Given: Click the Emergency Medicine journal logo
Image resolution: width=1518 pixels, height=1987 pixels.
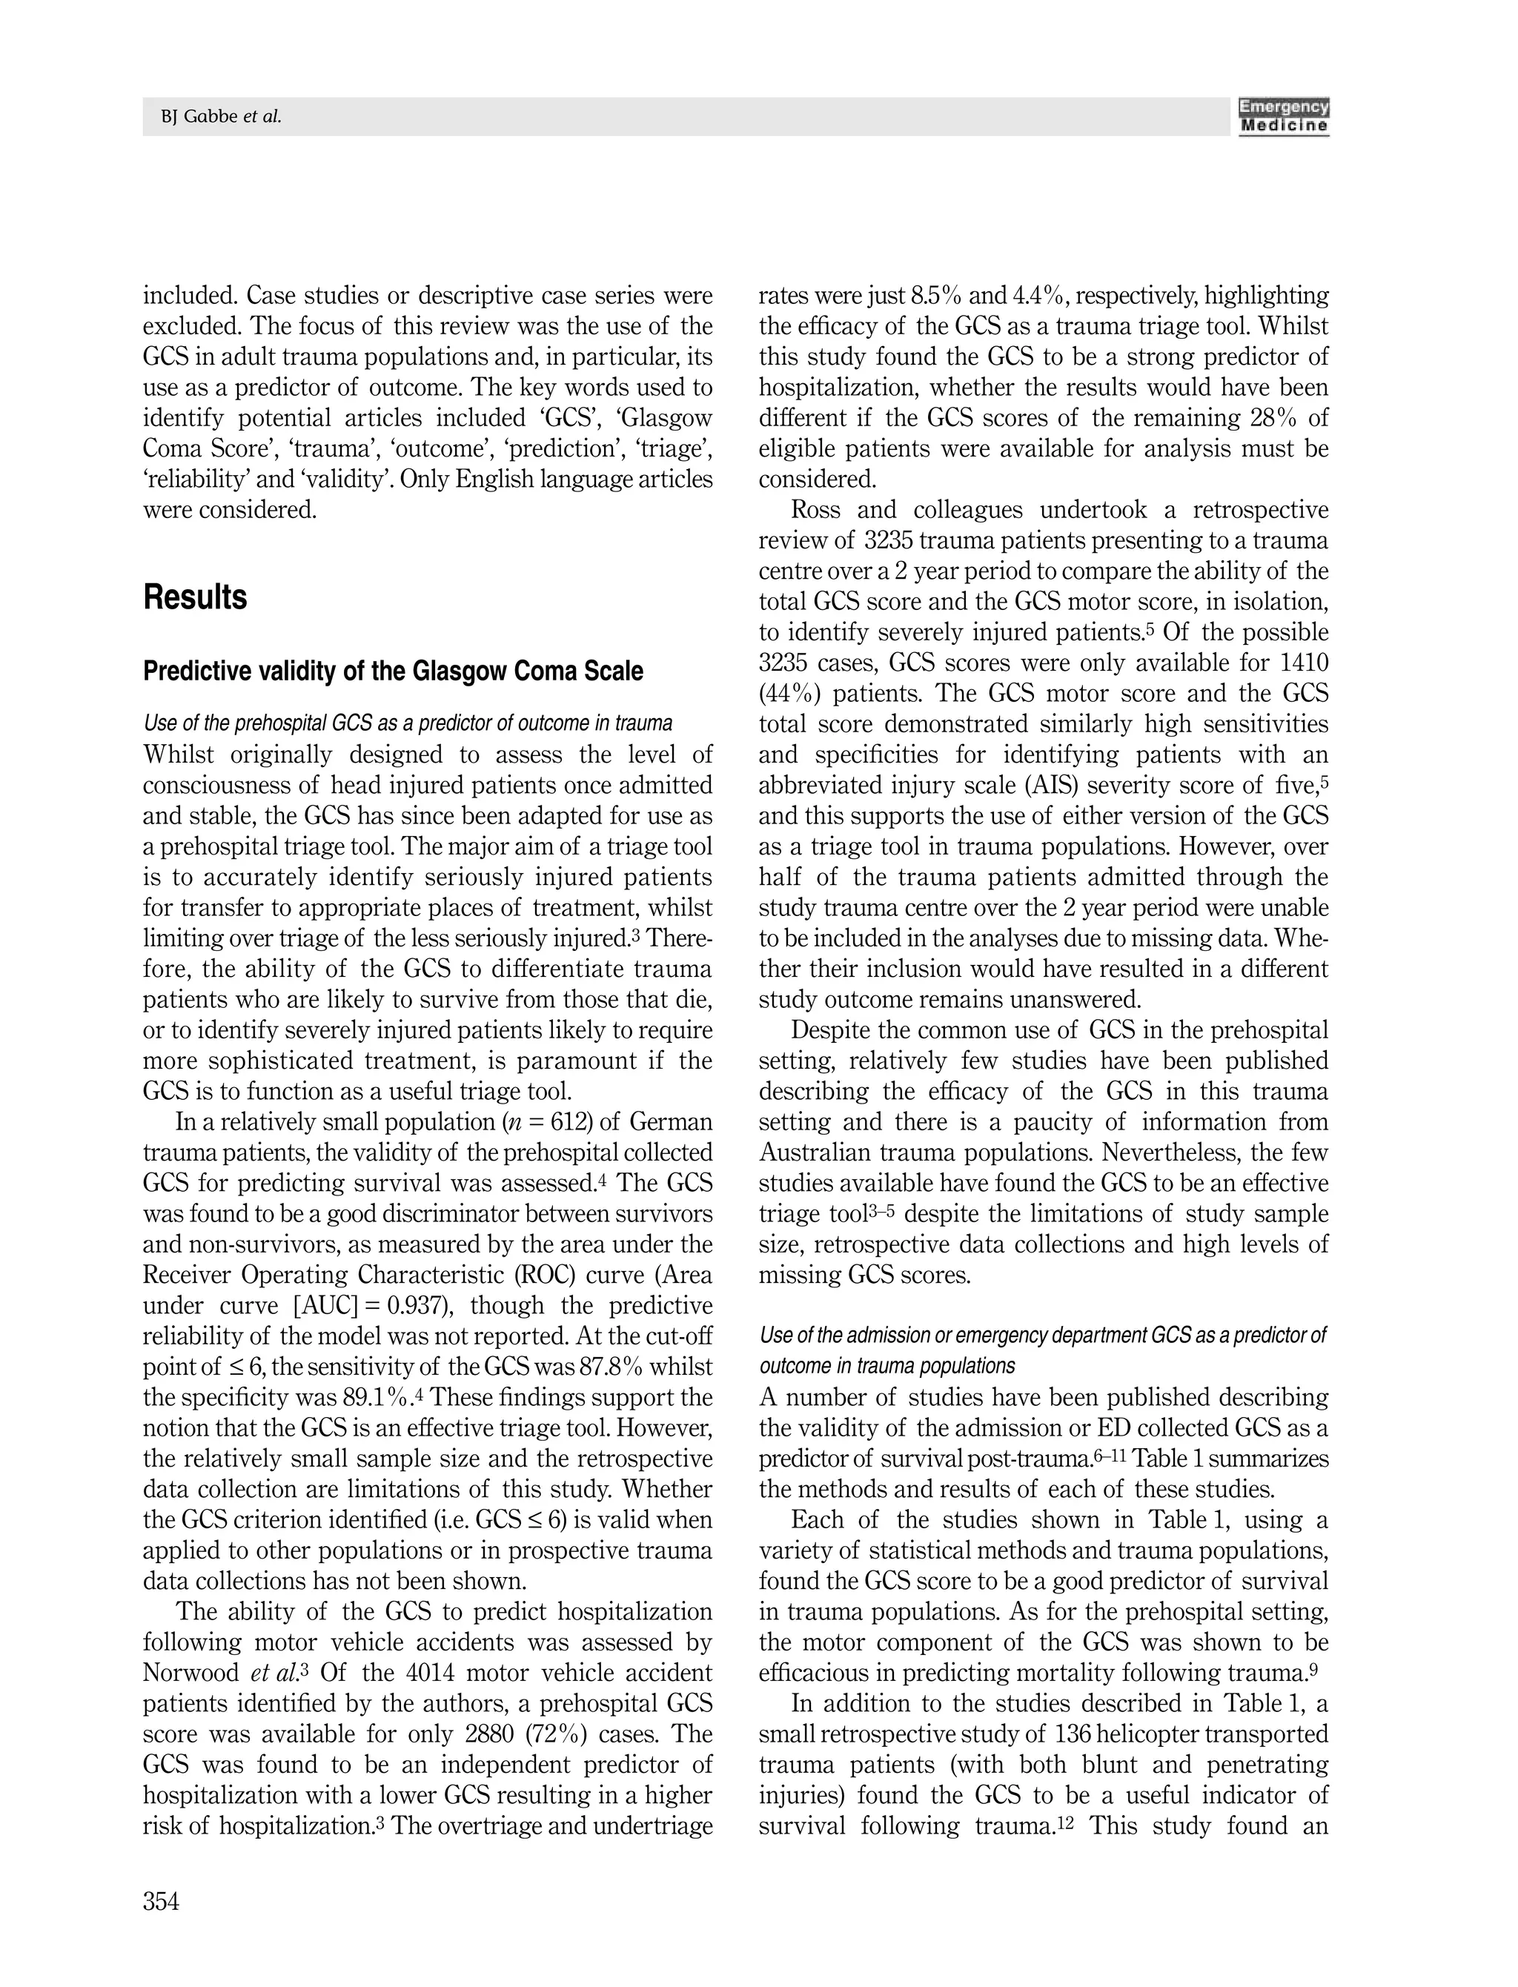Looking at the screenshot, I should tap(1283, 116).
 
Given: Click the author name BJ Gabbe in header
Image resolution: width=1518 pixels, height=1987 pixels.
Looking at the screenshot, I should tap(201, 117).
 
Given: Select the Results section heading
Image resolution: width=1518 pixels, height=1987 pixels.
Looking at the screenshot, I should tap(195, 597).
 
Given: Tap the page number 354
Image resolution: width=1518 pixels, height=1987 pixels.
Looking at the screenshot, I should tap(161, 1901).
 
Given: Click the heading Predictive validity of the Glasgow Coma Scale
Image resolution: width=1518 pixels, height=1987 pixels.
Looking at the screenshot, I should tap(393, 671).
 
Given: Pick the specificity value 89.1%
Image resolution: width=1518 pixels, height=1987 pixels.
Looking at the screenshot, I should tap(376, 1398).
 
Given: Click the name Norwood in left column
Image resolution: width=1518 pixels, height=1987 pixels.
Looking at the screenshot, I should tap(189, 1673).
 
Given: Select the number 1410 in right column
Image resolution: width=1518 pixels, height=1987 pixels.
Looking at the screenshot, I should tap(1304, 663).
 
